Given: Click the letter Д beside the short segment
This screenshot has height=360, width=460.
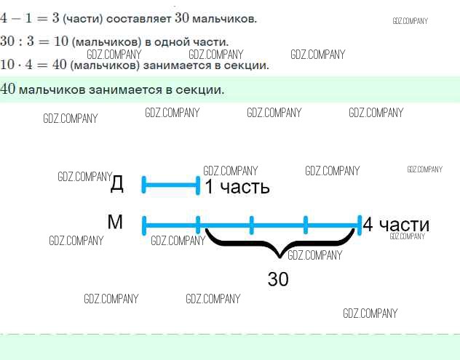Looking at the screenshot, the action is tap(117, 184).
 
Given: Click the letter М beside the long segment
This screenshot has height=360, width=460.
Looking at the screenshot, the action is tap(115, 222).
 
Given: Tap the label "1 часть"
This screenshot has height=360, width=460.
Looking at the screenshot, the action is tap(237, 187).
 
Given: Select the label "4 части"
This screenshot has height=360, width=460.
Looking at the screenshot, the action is tap(396, 225).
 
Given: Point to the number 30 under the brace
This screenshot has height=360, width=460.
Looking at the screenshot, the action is tap(278, 279).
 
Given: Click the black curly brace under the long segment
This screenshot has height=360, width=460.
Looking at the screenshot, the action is tap(280, 244).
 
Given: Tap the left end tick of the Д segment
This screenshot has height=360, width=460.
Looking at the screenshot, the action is tap(144, 185).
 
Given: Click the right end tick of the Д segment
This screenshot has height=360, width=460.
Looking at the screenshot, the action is tap(198, 185).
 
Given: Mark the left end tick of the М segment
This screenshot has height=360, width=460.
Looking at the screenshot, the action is tap(144, 225).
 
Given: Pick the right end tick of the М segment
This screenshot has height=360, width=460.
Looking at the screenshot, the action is tap(360, 225).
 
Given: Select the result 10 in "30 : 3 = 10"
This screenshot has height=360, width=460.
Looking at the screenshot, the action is tap(61, 41).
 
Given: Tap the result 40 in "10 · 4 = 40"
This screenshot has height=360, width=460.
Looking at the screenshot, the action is tap(60, 65).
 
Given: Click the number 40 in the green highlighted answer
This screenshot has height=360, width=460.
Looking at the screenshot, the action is tap(7, 89).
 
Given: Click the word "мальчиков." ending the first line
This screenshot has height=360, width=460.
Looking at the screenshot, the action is tap(224, 19).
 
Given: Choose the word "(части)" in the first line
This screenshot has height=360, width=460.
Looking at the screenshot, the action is tap(83, 20).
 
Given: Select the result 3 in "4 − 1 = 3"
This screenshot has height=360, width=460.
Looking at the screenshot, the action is tap(56, 18).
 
